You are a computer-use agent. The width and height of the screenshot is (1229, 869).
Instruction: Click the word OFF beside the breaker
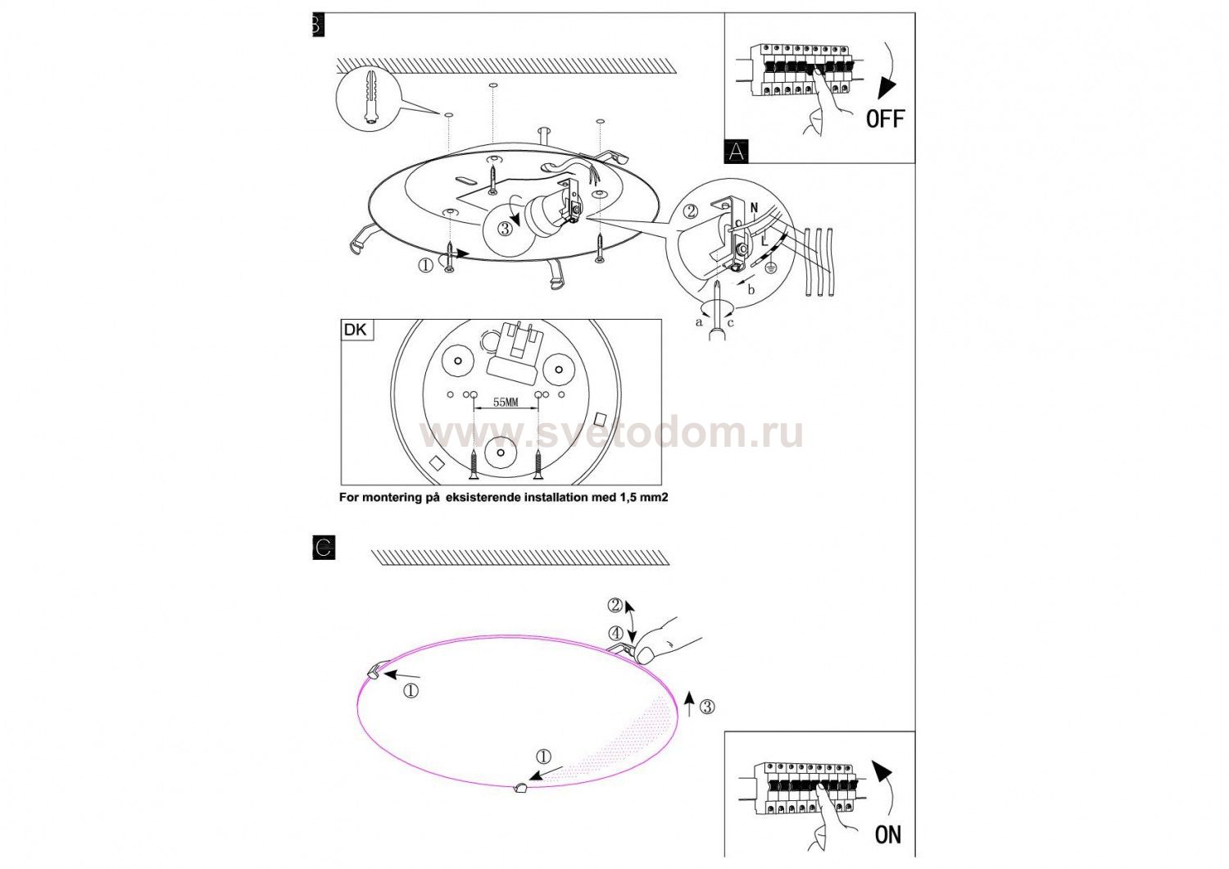point(885,118)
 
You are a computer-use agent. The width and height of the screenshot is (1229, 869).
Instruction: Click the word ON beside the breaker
point(888,835)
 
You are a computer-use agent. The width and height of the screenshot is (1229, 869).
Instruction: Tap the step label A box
point(737,151)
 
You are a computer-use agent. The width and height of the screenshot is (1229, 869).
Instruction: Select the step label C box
point(324,548)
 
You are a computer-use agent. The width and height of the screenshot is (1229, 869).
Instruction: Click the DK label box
point(358,330)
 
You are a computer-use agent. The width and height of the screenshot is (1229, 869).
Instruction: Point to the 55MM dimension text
point(506,402)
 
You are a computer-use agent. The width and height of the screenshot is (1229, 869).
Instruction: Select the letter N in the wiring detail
point(755,208)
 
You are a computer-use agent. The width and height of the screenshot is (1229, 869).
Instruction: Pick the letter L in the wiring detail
point(764,240)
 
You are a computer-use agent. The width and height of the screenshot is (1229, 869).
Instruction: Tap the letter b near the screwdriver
point(751,289)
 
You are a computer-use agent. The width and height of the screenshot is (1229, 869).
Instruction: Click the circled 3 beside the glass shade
point(708,707)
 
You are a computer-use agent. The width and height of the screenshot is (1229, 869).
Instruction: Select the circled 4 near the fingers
point(616,633)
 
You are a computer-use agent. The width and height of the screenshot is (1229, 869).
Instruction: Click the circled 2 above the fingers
point(615,605)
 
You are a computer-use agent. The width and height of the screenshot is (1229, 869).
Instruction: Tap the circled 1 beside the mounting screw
point(426,266)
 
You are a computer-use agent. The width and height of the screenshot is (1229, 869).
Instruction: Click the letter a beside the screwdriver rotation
point(698,323)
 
